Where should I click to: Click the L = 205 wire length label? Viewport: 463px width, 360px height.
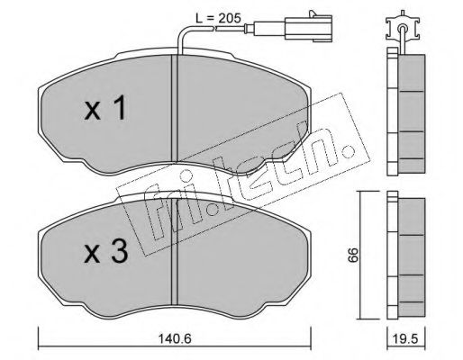[x=218, y=18]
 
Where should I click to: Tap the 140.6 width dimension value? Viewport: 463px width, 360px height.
[x=175, y=339]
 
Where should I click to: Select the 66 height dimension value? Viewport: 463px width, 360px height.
[x=353, y=255]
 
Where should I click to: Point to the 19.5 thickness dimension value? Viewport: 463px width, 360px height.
[x=406, y=339]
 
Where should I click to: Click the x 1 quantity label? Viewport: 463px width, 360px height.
[x=104, y=108]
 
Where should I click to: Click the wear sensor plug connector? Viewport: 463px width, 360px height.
[x=308, y=28]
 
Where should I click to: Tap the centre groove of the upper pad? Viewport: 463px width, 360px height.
[x=175, y=108]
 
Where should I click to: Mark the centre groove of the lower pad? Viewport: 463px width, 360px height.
[x=175, y=252]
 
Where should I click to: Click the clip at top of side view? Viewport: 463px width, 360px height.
[x=402, y=25]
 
